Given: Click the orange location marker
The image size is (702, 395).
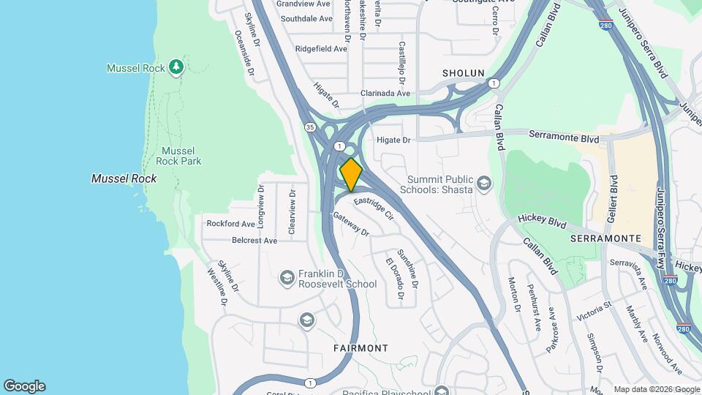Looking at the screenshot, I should click(351, 174).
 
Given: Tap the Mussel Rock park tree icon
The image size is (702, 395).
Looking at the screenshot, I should click(175, 67).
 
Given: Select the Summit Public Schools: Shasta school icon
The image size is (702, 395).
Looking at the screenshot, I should click(483, 182).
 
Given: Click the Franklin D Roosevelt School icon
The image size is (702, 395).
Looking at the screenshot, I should click(287, 277).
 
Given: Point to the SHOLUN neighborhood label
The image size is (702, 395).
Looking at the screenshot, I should click(464, 73).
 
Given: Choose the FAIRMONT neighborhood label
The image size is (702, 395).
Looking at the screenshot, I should click(361, 348).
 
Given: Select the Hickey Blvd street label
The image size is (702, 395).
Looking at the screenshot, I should click(543, 219).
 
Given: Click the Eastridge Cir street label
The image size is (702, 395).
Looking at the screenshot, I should click(374, 209).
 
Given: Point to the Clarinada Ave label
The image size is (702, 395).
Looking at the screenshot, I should click(385, 94).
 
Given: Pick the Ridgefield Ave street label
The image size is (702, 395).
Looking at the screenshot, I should click(321, 49).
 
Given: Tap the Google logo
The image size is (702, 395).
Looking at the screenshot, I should click(24, 385).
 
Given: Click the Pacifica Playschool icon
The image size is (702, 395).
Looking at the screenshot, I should click(441, 391).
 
